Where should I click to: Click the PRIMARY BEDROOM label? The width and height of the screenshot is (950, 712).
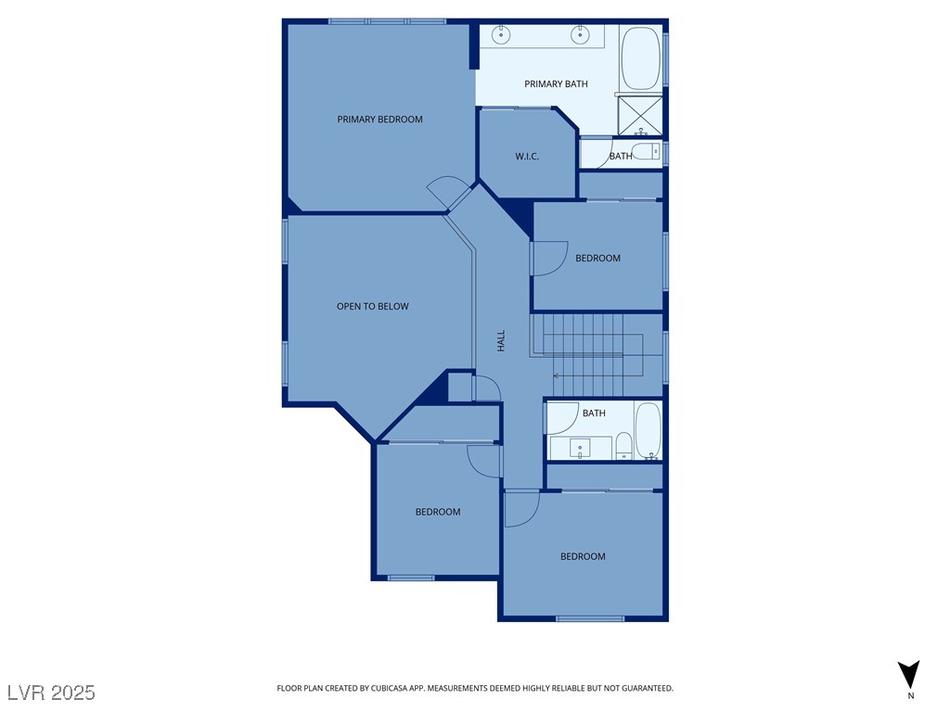click(379, 119)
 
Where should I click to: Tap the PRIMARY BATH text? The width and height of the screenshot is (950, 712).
click(556, 84)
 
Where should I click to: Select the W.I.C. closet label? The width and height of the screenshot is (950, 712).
click(527, 156)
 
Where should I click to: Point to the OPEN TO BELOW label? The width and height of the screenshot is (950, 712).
click(372, 306)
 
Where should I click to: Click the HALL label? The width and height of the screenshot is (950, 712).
click(501, 340)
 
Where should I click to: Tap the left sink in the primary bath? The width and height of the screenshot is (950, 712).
click(501, 36)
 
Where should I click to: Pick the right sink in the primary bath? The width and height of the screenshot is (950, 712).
click(581, 36)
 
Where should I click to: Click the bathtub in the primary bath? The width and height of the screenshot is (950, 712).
click(640, 58)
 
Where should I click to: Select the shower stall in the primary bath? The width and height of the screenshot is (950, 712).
click(640, 115)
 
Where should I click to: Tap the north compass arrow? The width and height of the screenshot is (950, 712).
click(909, 674)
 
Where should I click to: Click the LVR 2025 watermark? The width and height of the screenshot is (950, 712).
click(51, 692)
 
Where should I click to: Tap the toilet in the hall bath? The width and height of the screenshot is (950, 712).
click(624, 445)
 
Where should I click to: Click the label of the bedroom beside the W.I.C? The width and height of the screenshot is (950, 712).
click(597, 258)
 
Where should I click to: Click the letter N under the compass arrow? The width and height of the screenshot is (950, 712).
click(910, 695)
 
